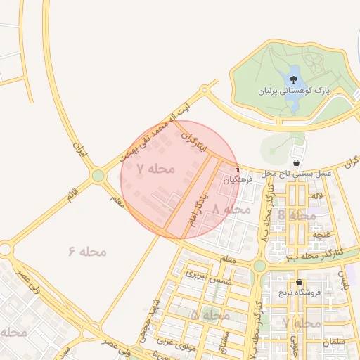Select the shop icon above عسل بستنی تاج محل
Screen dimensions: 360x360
(297, 162)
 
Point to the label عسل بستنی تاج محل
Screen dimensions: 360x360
(297, 173)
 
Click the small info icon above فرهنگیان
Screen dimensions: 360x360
(238, 169)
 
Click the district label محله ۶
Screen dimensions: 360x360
(87, 251)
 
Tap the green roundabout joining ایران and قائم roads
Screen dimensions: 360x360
(98, 175)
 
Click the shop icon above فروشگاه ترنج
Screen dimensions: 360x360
(300, 282)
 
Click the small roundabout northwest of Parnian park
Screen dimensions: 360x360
(205, 90)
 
